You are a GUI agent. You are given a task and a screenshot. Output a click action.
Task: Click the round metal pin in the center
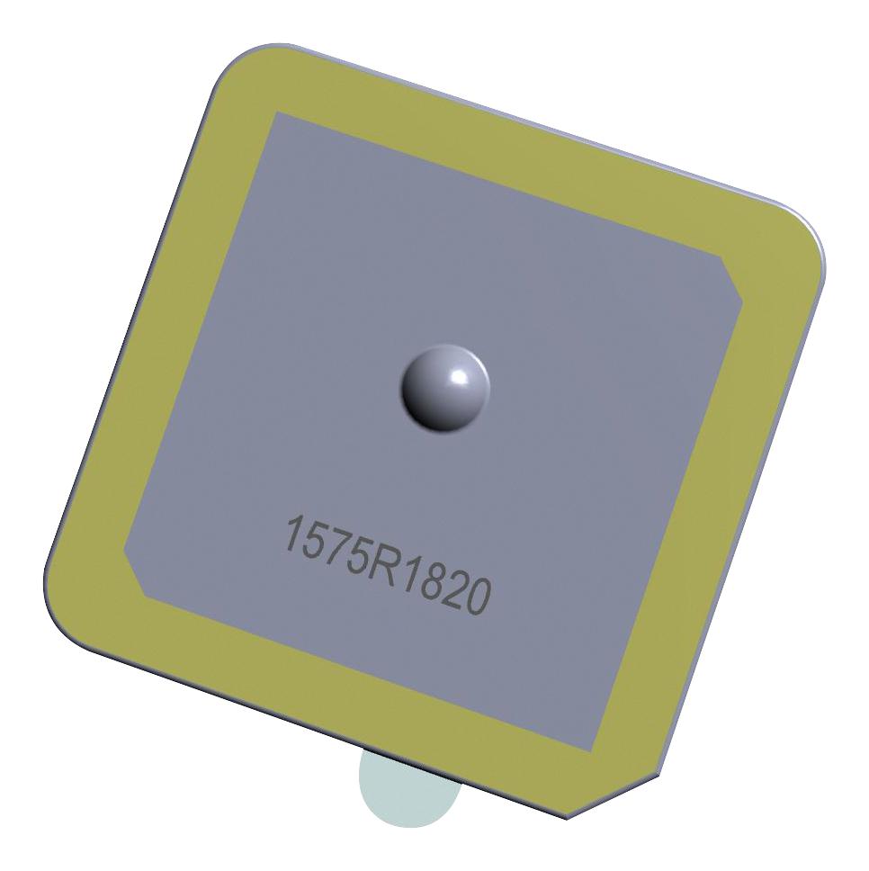444,388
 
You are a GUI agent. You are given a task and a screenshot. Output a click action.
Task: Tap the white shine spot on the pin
459,375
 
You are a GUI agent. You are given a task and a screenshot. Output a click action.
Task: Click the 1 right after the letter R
399,571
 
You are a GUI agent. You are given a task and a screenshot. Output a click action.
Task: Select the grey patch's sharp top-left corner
275,114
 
